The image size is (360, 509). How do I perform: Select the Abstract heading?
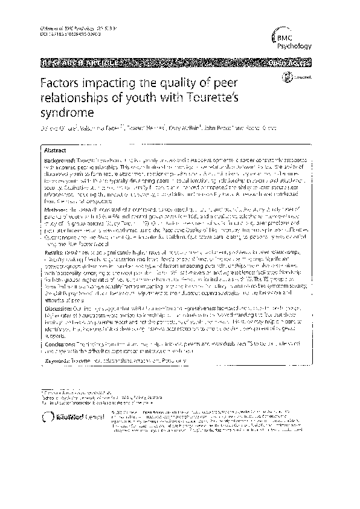(56, 149)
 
